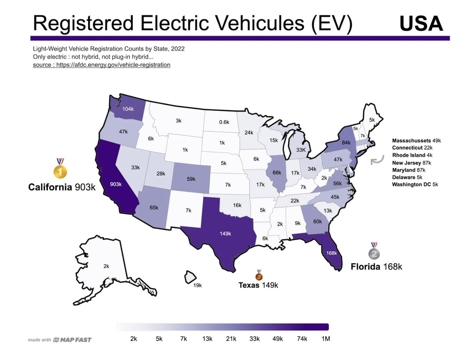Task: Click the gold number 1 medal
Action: pyautogui.click(x=60, y=169)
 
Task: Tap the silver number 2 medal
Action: pyautogui.click(x=374, y=251)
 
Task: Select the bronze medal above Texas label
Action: pyautogui.click(x=259, y=275)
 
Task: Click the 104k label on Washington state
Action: pyautogui.click(x=128, y=109)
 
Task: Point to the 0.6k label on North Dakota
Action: pyautogui.click(x=224, y=122)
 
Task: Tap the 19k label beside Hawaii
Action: pyautogui.click(x=198, y=285)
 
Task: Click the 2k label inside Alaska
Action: pyautogui.click(x=106, y=266)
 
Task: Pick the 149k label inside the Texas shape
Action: pyautogui.click(x=225, y=233)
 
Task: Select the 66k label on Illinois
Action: pyautogui.click(x=277, y=172)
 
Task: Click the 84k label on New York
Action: pyautogui.click(x=346, y=142)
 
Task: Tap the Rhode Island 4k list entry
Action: pyautogui.click(x=412, y=155)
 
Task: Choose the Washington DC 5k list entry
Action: pyautogui.click(x=415, y=184)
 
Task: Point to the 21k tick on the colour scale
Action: pyautogui.click(x=231, y=339)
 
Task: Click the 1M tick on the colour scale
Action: pyautogui.click(x=326, y=339)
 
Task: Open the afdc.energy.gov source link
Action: pyautogui.click(x=101, y=65)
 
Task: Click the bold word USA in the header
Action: pyautogui.click(x=421, y=23)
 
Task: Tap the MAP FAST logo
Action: pyautogui.click(x=72, y=340)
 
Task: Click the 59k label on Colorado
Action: pyautogui.click(x=191, y=179)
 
